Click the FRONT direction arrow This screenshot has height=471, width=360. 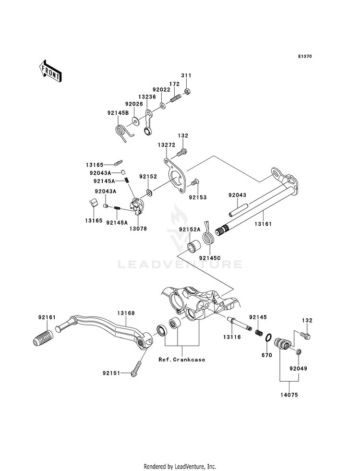tap(50, 71)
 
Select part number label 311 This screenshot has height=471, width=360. tap(186, 75)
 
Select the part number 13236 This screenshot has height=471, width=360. tap(147, 97)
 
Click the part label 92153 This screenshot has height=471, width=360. tap(198, 197)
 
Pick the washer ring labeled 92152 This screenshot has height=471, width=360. tap(149, 193)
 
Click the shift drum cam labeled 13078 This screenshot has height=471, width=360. tap(137, 206)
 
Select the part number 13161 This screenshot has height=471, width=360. tap(263, 224)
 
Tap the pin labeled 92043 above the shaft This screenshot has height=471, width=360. tap(239, 210)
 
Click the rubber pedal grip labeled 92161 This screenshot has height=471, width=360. tap(42, 338)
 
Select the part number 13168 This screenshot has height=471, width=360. tap(126, 313)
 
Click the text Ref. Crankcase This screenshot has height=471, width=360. tap(182, 360)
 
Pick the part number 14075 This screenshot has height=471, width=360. tap(289, 395)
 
